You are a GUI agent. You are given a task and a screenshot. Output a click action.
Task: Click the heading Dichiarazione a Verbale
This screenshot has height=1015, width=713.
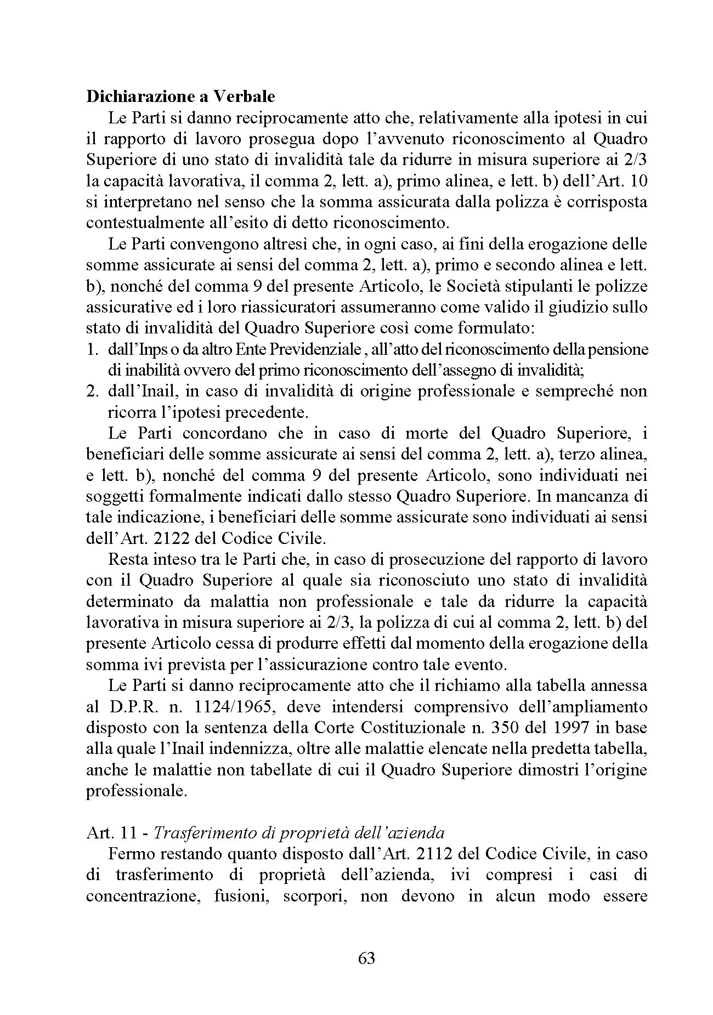pos(180,97)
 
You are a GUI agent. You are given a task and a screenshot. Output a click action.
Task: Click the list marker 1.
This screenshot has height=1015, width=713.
pos(93,349)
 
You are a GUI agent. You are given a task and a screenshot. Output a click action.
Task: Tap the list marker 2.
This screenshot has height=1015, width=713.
pos(93,392)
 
